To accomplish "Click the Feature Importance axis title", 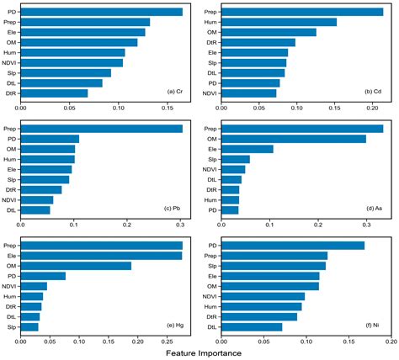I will pos(199,353).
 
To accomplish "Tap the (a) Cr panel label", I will pos(175,91).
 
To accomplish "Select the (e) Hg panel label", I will pos(174,324).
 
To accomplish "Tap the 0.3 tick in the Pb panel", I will pos(180,225).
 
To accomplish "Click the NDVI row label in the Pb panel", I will pos(9,199).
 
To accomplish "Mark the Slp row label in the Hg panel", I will pos(11,326).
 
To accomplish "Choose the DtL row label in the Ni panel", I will pos(212,326).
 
